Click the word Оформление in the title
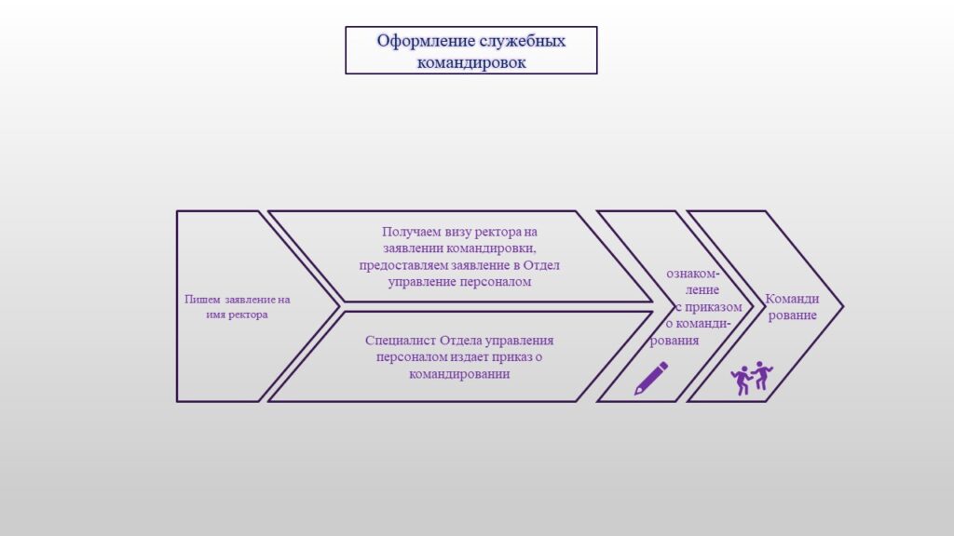[425, 41]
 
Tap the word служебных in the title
[523, 41]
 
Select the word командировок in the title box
[470, 62]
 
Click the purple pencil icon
[651, 378]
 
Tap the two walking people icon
[752, 378]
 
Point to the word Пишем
[202, 299]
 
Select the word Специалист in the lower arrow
[400, 341]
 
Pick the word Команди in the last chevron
[792, 299]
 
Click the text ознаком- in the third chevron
[693, 274]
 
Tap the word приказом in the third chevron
[713, 307]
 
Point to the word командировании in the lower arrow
[459, 374]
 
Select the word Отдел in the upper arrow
[541, 265]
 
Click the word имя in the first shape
[216, 315]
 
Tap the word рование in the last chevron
[792, 315]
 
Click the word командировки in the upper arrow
[491, 248]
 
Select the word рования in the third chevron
[675, 341]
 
